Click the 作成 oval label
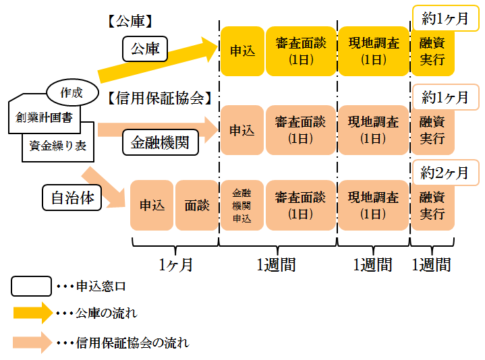[72, 92]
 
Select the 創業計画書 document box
[45, 118]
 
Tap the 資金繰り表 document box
[58, 146]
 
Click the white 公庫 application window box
[145, 49]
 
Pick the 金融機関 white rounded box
[161, 142]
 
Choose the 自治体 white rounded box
[72, 198]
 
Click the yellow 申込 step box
[243, 51]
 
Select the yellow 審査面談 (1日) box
[301, 51]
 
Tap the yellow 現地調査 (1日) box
[374, 51]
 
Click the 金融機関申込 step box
[242, 206]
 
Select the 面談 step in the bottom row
[197, 206]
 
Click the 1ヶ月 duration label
[175, 265]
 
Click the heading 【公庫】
[130, 22]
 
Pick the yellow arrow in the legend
[33, 313]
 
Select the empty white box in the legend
[31, 286]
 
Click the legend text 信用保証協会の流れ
[133, 342]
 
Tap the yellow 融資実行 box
[432, 51]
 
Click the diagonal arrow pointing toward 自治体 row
[104, 187]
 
